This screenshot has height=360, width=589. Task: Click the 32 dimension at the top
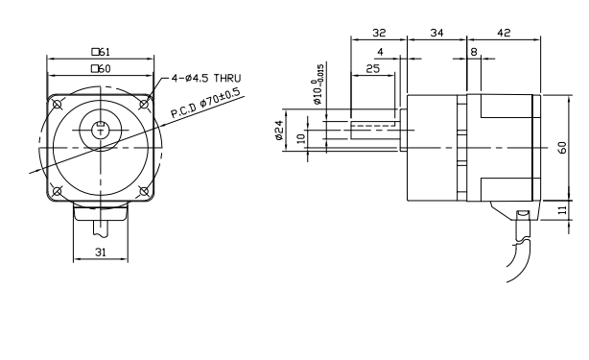(x=379, y=33)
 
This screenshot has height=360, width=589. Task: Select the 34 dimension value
(x=436, y=33)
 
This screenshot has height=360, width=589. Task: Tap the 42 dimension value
(x=504, y=33)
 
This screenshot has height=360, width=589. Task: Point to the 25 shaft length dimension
(x=372, y=69)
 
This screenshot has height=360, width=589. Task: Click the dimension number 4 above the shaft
(x=380, y=52)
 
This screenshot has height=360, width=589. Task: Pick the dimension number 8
(x=474, y=52)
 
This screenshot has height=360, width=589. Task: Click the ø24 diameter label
(x=279, y=131)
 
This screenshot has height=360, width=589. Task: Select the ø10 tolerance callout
(x=318, y=84)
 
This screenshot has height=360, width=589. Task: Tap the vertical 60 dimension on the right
(x=562, y=147)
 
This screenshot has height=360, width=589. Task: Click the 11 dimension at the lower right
(x=562, y=209)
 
